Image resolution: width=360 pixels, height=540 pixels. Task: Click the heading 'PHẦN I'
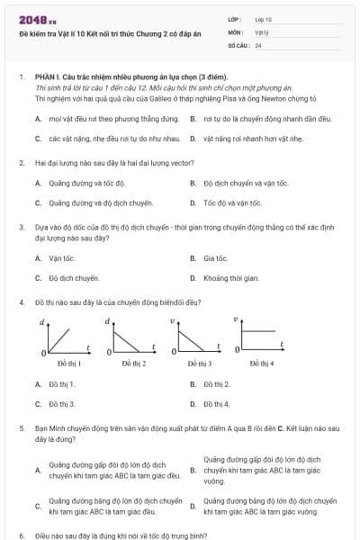(x=47, y=78)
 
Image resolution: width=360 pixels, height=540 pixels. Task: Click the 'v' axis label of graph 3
(x=171, y=320)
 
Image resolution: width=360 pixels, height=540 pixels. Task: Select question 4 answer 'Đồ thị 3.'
(x=62, y=404)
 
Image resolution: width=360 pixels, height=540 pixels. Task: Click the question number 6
(x=22, y=535)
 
